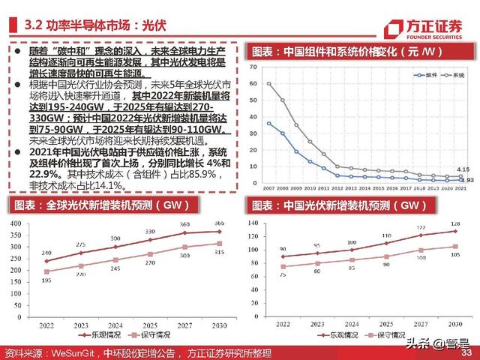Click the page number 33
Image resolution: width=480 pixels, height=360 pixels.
tap(466, 352)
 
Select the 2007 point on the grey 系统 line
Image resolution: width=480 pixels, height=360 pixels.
tap(269, 83)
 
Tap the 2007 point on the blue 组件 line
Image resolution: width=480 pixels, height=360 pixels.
tap(269, 122)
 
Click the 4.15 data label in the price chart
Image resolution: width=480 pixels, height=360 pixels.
tap(463, 169)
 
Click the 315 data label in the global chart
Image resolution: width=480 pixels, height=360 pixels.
tap(218, 253)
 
